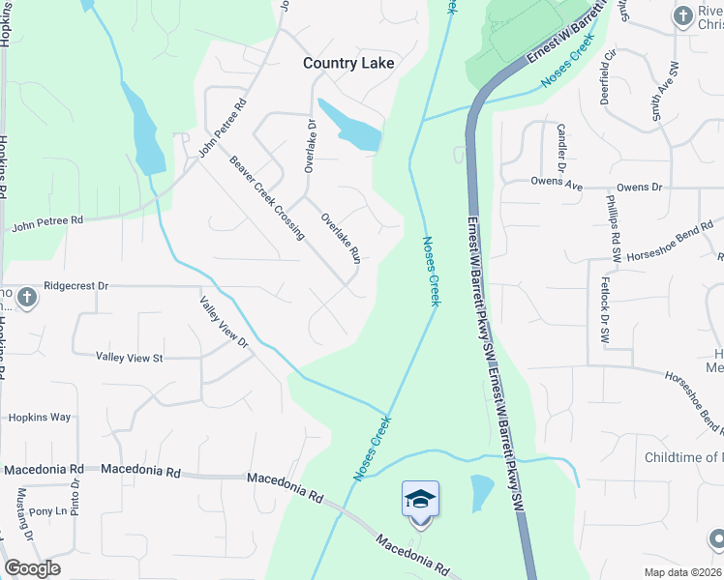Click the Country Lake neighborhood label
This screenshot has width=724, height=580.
point(348,63)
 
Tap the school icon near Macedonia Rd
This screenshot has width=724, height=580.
point(420,500)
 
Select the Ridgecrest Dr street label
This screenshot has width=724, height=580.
point(76,287)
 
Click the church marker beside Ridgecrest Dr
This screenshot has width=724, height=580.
point(27,297)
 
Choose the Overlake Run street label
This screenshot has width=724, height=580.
point(341,238)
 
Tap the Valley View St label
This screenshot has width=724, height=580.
point(130,358)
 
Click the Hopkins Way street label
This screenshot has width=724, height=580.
point(40,418)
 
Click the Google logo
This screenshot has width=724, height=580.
point(32,568)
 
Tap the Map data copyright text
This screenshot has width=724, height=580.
point(683,572)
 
